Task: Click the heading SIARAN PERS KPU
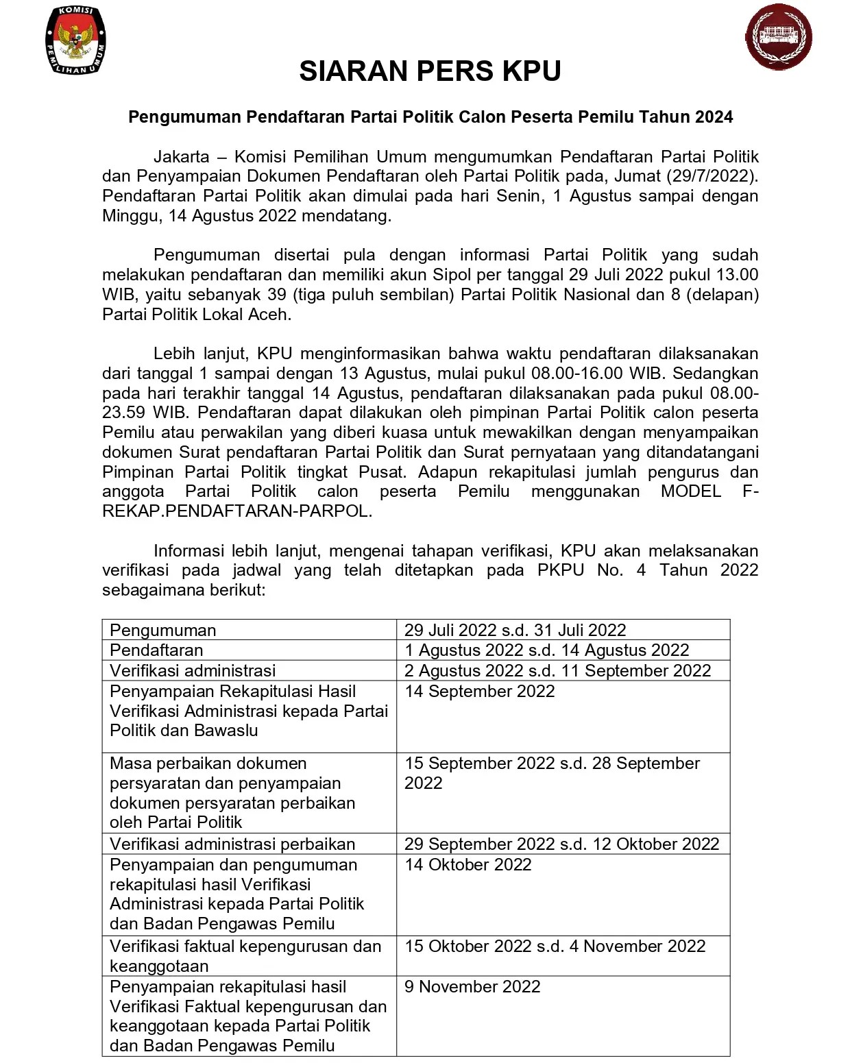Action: [x=430, y=71]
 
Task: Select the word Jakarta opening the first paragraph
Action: [x=182, y=156]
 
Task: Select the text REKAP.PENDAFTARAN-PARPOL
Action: [x=236, y=511]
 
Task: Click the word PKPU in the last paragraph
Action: [x=561, y=570]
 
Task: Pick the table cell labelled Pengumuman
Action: [x=163, y=630]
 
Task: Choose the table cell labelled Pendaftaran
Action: [x=156, y=650]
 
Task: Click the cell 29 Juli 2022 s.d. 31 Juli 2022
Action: [x=515, y=630]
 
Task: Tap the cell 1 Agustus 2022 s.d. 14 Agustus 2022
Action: [x=546, y=650]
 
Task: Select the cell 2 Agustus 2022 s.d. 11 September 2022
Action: [x=557, y=670]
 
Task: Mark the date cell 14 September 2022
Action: [x=479, y=691]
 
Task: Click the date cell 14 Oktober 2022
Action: [x=467, y=864]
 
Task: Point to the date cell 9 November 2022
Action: [x=472, y=986]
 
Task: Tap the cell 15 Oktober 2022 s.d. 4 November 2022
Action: [x=555, y=946]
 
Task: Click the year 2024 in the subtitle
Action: [x=714, y=117]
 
